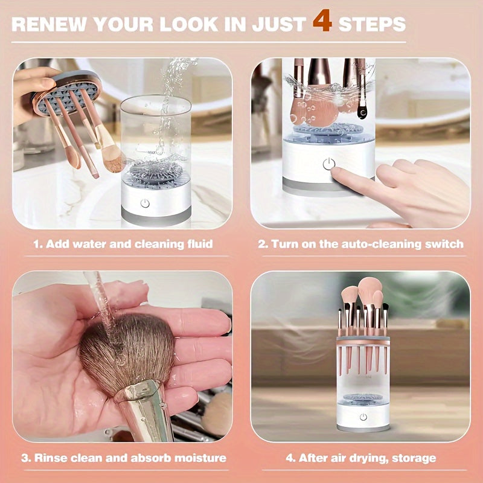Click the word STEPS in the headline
(x=372, y=24)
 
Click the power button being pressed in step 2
(x=328, y=164)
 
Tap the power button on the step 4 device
(x=363, y=417)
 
